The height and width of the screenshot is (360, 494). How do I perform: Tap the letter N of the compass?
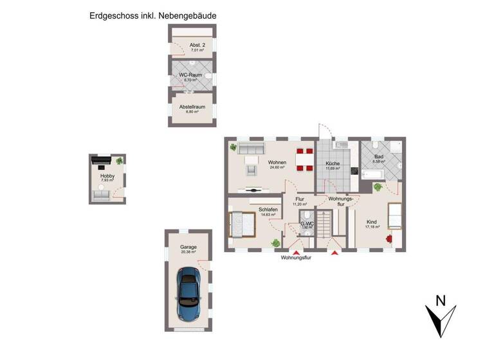pos(441,300)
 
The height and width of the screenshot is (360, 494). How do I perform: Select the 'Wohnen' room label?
pos(277,162)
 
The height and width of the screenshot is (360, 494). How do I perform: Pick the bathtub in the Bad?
pos(374,174)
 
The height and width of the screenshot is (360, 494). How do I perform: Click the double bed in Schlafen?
pos(242,225)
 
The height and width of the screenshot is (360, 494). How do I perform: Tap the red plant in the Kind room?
pos(389,239)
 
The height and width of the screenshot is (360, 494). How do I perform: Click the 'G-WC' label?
pos(307,222)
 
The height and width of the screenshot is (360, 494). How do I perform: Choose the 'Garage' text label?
pos(188,247)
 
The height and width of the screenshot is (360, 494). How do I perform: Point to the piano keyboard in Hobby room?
pos(101,161)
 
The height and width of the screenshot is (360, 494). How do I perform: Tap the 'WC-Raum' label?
pos(190,75)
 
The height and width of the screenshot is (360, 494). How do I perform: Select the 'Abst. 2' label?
pos(197,45)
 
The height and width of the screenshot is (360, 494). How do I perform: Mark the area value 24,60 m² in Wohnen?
pos(277,168)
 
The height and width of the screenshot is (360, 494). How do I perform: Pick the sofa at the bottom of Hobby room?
pos(101,195)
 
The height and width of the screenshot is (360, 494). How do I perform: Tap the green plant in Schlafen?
pos(275,243)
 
